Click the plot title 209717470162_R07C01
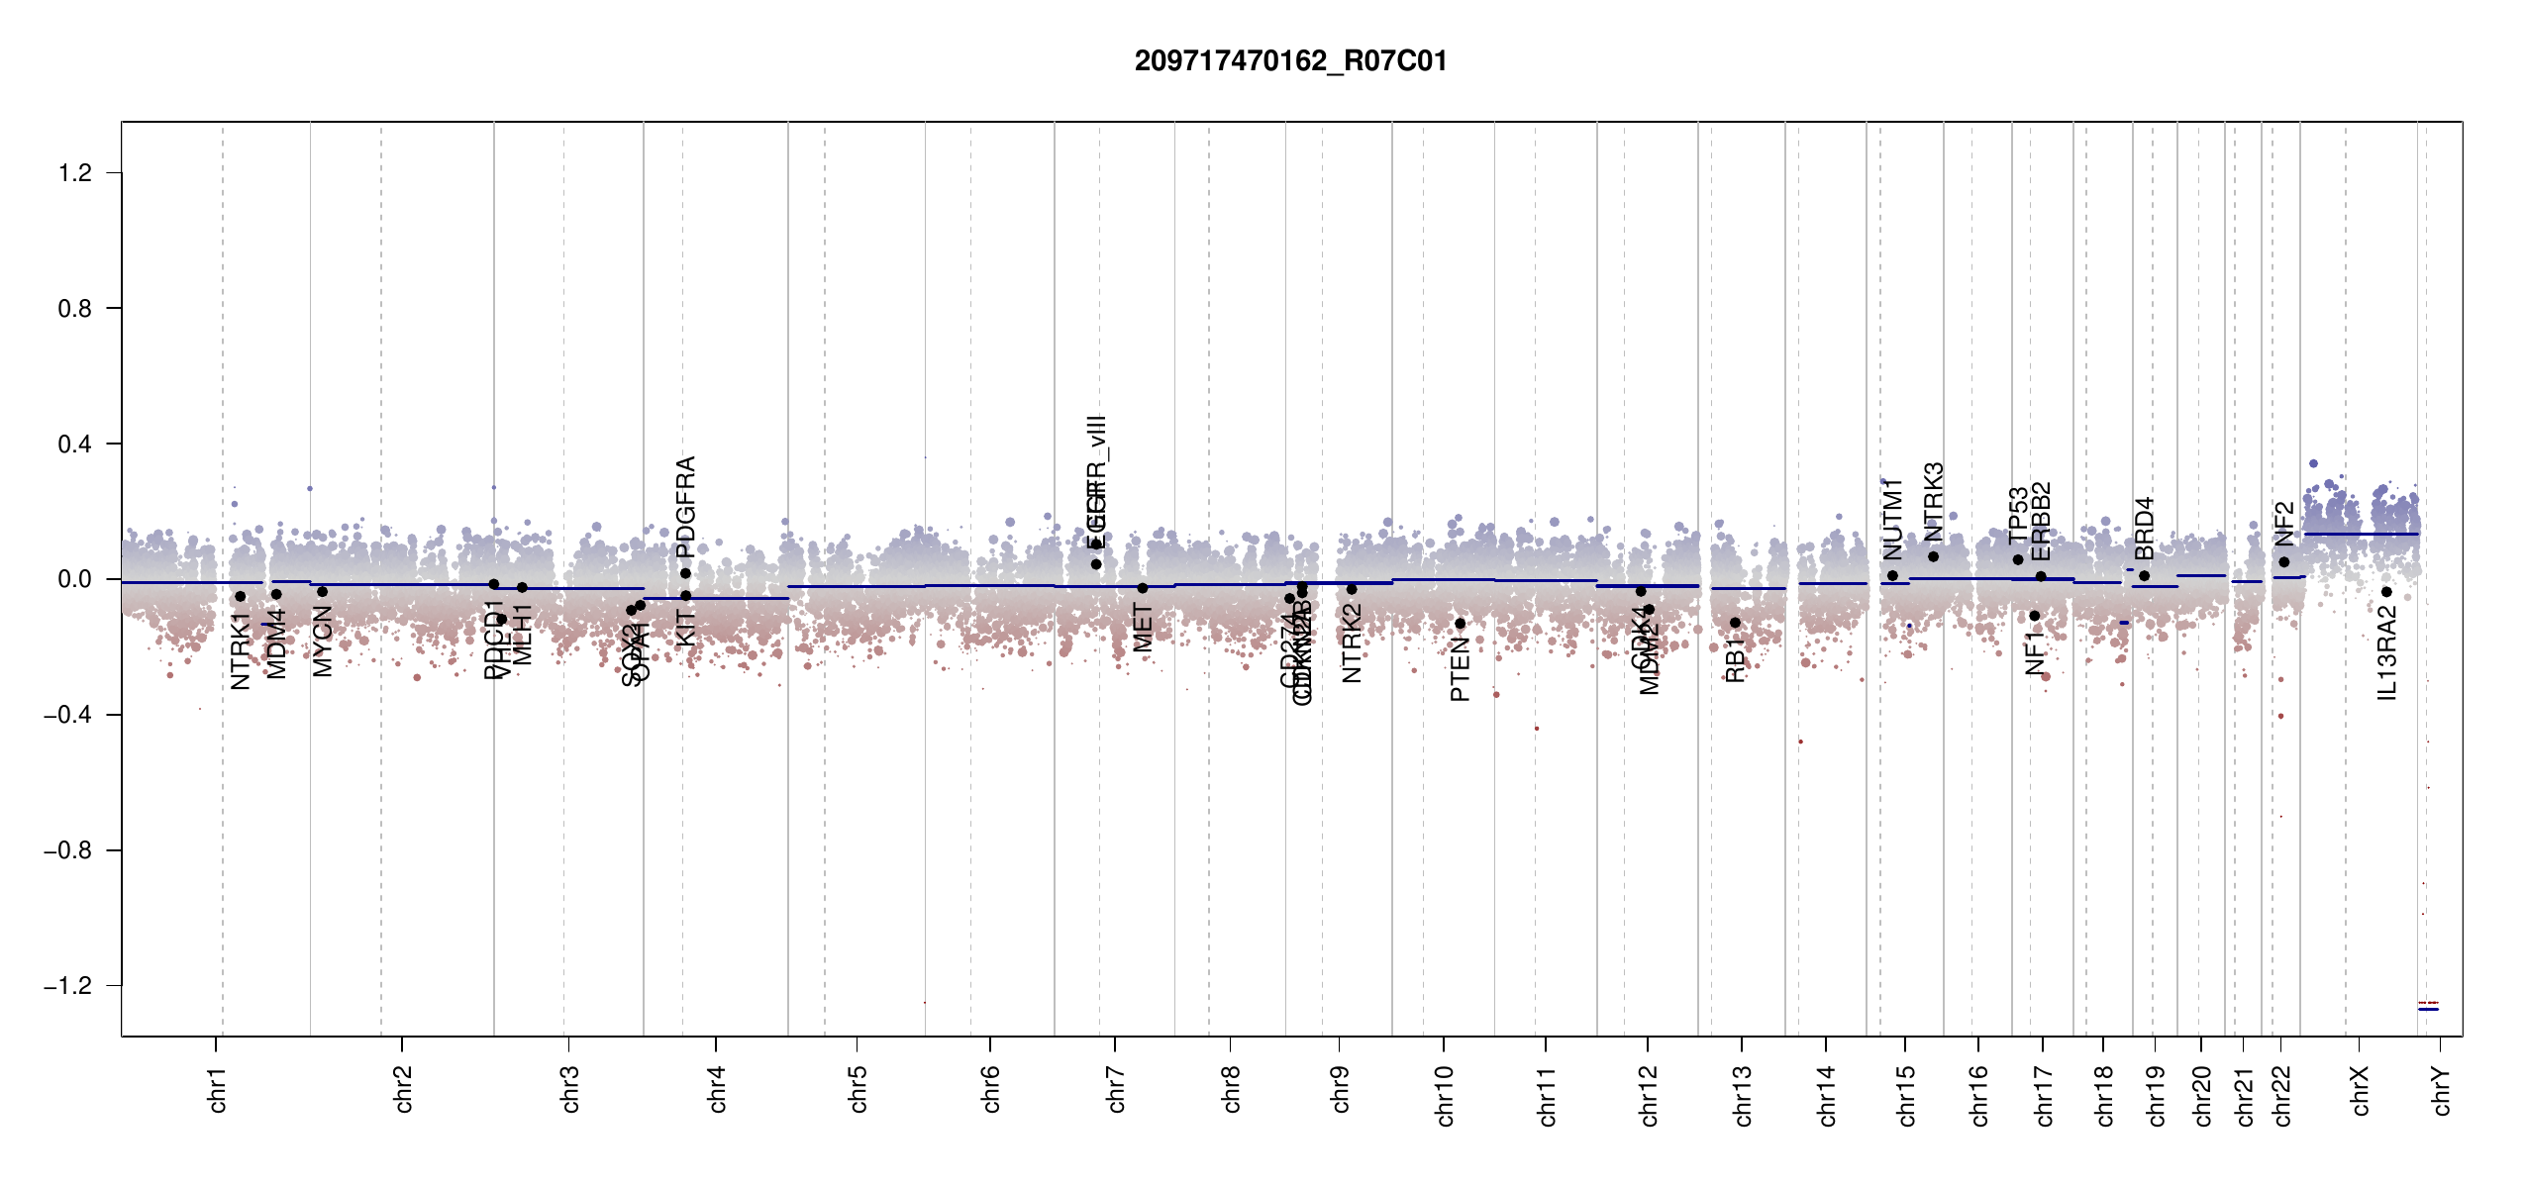pyautogui.click(x=1290, y=61)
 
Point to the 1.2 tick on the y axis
pyautogui.click(x=75, y=173)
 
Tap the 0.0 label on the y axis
pyautogui.click(x=75, y=579)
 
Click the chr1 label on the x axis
pyautogui.click(x=218, y=1089)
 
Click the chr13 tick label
pyautogui.click(x=1743, y=1095)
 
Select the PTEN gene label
pyautogui.click(x=1460, y=670)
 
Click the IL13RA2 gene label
pyautogui.click(x=2387, y=653)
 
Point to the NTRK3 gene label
pyautogui.click(x=1934, y=501)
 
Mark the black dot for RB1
pyautogui.click(x=1735, y=623)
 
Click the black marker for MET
pyautogui.click(x=1143, y=588)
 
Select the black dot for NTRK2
pyautogui.click(x=1352, y=589)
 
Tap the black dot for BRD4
pyautogui.click(x=2144, y=576)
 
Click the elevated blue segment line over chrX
pyautogui.click(x=2361, y=535)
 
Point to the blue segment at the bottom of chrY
pyautogui.click(x=2428, y=1009)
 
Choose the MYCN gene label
pyautogui.click(x=323, y=642)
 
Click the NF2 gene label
pyautogui.click(x=2284, y=524)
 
